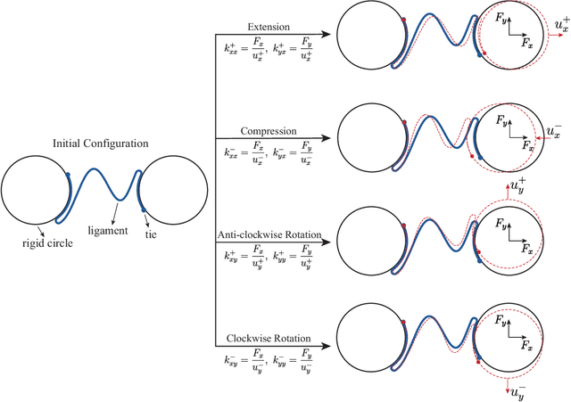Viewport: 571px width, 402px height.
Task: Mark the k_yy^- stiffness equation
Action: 297,364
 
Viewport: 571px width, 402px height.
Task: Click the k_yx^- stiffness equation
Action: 297,152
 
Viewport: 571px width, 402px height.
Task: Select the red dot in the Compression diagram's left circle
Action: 405,121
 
